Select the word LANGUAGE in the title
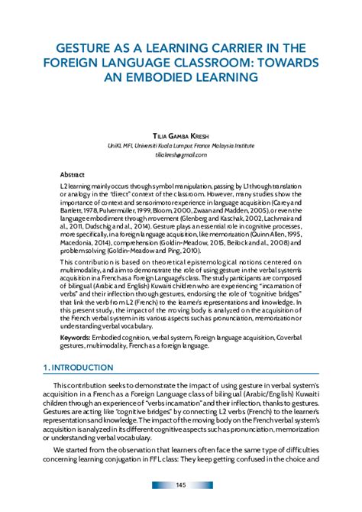[x=134, y=63]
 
